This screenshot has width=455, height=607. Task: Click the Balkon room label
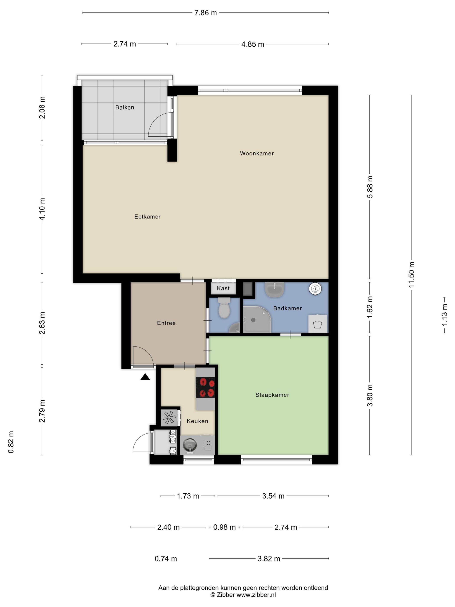(x=125, y=107)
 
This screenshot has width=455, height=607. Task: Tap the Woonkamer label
(x=257, y=153)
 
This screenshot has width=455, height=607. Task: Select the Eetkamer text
(x=147, y=217)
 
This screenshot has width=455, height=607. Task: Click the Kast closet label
(x=223, y=288)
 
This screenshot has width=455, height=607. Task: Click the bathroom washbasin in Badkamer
(x=275, y=289)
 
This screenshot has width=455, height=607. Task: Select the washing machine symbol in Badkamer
(x=318, y=324)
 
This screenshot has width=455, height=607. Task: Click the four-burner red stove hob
(x=205, y=387)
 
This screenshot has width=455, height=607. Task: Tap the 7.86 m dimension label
(x=205, y=13)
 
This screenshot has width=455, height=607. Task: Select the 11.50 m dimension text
(x=411, y=274)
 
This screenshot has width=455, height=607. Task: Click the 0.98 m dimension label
(x=224, y=527)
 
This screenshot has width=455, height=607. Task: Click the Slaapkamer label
(x=272, y=395)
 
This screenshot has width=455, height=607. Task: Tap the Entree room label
(x=166, y=323)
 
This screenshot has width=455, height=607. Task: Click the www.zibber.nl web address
(x=256, y=595)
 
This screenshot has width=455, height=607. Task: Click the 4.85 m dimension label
(x=253, y=44)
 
